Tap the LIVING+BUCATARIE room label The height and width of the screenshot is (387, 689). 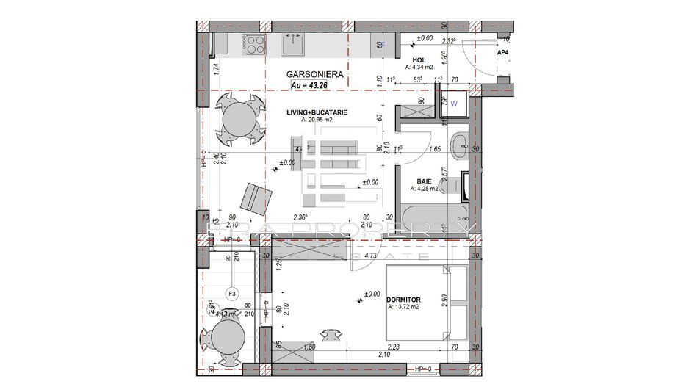[x=317, y=112]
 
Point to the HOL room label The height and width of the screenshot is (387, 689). [x=419, y=59]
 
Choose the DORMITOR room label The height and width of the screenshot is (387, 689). [x=403, y=300]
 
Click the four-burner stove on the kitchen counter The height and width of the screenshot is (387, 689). [x=253, y=45]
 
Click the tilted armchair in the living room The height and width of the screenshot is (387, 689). [x=256, y=196]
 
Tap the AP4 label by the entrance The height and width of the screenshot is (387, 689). [x=503, y=54]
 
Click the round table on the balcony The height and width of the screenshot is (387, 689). [x=225, y=340]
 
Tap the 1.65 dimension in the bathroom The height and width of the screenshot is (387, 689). [x=434, y=149]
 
